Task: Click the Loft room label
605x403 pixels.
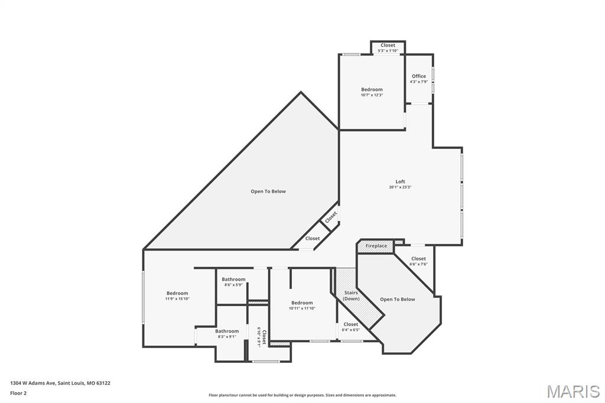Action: [400, 181]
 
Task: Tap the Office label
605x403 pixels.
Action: [419, 76]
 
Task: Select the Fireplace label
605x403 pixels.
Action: [376, 246]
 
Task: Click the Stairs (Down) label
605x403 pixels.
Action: [351, 295]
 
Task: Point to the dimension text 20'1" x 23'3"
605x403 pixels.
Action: [400, 187]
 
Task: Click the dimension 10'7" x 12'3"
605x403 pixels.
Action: [372, 95]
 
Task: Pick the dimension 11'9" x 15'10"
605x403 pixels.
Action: [177, 299]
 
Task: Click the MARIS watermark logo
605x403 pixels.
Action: [573, 391]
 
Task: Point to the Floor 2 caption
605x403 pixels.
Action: [18, 392]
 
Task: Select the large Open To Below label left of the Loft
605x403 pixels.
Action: [268, 191]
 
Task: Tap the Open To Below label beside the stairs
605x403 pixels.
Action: [397, 300]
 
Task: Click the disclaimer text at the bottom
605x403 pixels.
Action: [302, 395]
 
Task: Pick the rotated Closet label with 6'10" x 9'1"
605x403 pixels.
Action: [261, 337]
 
